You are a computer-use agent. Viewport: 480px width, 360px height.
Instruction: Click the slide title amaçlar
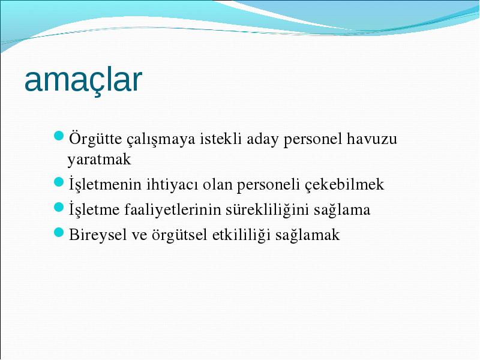pos(83,80)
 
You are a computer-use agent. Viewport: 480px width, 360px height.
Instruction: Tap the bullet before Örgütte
pos(58,136)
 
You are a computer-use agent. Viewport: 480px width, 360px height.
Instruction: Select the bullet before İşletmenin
pos(58,182)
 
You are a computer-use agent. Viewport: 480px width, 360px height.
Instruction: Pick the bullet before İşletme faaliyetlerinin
pos(58,207)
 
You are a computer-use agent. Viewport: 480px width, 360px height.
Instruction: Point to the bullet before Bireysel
pos(58,232)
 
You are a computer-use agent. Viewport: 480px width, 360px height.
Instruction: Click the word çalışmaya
pos(161,140)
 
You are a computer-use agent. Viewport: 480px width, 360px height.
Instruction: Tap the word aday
pos(263,140)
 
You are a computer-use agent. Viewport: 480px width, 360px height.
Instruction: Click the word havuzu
pos(372,139)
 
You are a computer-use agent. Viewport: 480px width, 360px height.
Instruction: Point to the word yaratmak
pos(99,160)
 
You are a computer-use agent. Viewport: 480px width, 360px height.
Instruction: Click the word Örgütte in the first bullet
pos(95,139)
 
